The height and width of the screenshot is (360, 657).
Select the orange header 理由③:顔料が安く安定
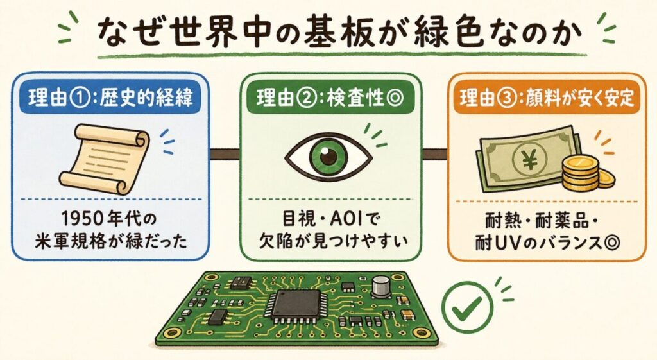coord(547,99)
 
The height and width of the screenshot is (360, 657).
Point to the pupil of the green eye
coord(328,157)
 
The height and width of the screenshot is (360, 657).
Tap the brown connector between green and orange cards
coord(435,154)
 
